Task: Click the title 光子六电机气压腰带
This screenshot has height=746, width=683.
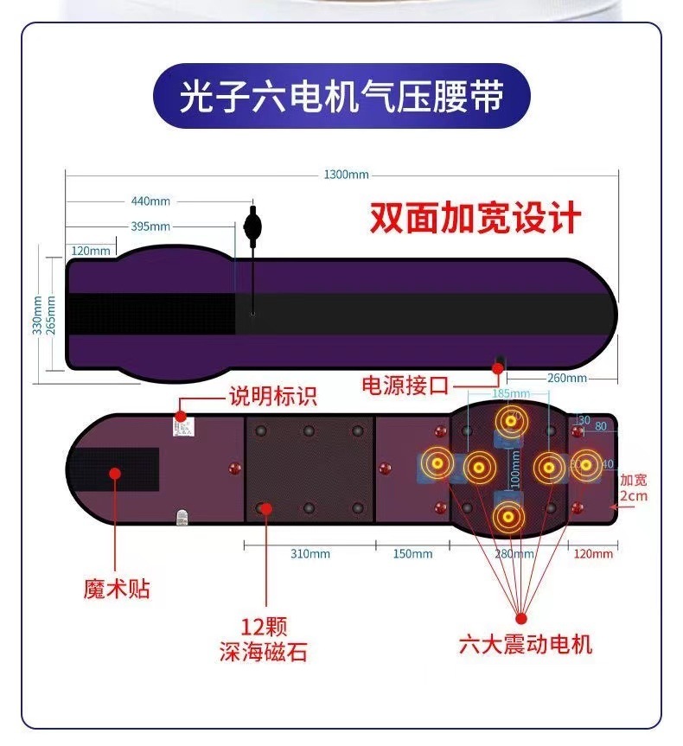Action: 341,97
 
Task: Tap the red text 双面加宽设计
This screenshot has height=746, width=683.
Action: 475,218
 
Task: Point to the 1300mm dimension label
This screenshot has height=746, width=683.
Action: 346,175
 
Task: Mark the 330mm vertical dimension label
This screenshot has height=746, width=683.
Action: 37,316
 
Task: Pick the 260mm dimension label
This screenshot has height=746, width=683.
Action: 566,378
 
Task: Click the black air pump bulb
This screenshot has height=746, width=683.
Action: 252,227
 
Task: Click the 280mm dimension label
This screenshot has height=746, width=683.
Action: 508,553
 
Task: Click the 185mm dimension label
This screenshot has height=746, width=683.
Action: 510,393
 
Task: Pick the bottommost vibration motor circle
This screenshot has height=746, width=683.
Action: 508,517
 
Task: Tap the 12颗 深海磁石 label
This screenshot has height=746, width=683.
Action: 263,638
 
